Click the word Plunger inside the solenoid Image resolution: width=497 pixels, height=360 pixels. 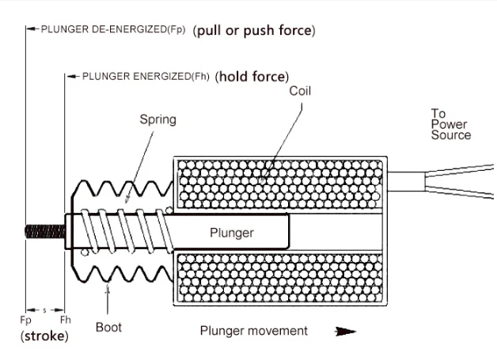click(232, 233)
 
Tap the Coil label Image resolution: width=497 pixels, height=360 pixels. click(300, 91)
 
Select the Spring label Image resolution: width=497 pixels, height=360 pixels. click(158, 120)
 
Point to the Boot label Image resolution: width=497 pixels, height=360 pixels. click(108, 327)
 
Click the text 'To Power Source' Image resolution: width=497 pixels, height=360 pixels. click(450, 124)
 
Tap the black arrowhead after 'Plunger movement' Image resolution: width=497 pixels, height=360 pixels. click(345, 332)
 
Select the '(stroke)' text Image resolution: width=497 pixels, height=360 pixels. click(44, 336)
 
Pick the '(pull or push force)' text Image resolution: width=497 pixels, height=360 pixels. click(254, 31)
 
